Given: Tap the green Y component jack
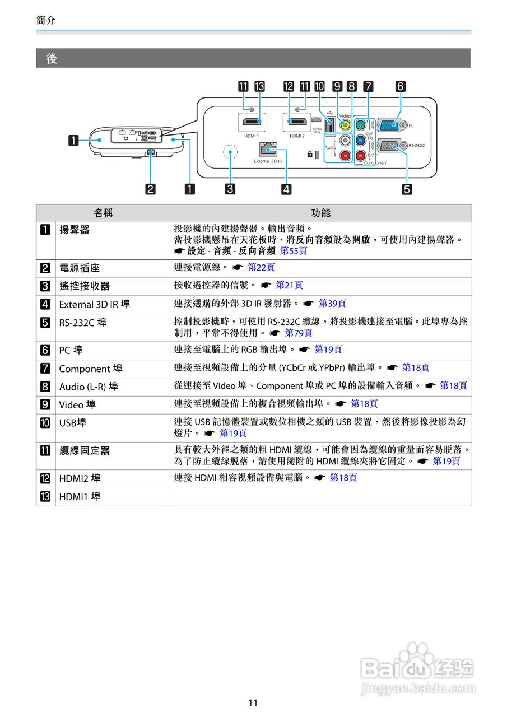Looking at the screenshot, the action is (361, 125).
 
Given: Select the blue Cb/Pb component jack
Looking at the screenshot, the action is (361, 140).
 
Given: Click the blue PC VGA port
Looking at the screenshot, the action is (391, 125).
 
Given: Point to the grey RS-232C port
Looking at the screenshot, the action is (391, 145).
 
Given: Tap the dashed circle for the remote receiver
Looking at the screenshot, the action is (230, 152).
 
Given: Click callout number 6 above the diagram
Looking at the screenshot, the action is (400, 86).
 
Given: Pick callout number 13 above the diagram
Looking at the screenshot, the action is (259, 86).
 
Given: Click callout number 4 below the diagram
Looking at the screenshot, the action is (286, 189).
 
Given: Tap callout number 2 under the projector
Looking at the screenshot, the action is (151, 189).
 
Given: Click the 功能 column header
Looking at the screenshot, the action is (320, 213).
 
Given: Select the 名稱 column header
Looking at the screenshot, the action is (103, 213).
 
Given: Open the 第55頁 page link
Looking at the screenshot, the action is (294, 250).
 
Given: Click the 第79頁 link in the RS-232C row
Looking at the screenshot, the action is (299, 333).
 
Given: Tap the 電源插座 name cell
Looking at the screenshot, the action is (80, 268).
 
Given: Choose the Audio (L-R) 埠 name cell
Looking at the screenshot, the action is (89, 387).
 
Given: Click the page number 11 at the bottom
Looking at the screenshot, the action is (253, 702).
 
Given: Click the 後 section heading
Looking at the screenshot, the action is (52, 58).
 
